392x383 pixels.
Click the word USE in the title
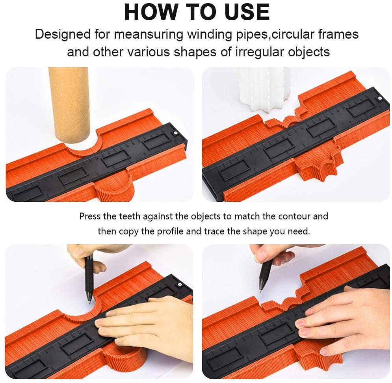247,12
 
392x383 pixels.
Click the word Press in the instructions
90,216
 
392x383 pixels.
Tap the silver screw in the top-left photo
175,133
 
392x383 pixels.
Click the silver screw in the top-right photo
379,99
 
